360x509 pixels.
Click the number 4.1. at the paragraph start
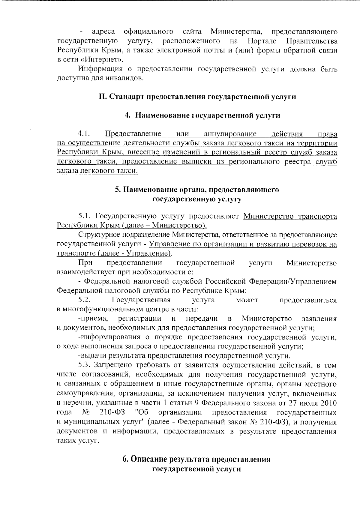click(84, 134)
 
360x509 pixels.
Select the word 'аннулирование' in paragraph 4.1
click(230, 134)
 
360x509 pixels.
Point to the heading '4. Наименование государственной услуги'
click(202, 116)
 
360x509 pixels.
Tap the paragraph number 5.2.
click(84, 300)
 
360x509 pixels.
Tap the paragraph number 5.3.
click(84, 365)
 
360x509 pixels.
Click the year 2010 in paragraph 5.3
click(328, 403)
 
